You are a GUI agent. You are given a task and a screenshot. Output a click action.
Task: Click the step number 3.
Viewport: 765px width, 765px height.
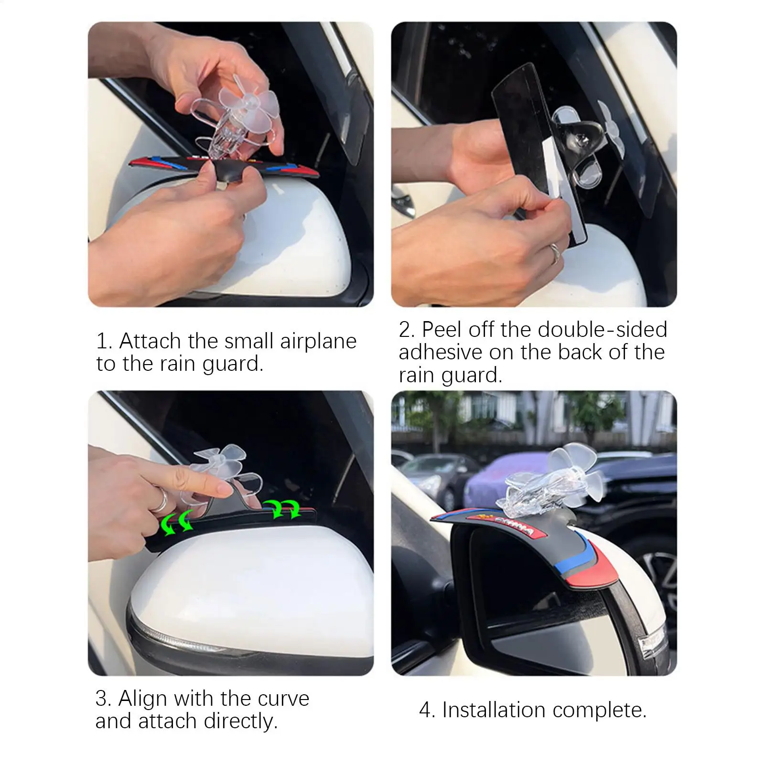point(103,699)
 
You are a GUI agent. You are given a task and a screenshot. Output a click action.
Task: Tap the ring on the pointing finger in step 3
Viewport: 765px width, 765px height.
point(162,502)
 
